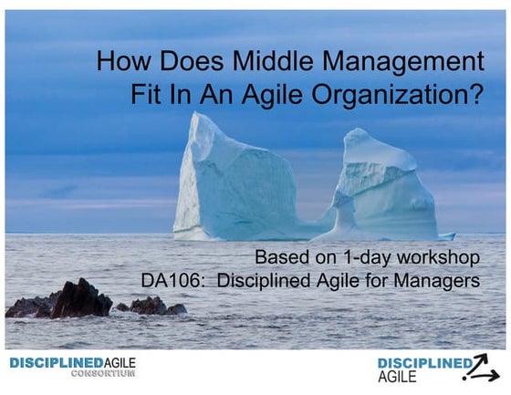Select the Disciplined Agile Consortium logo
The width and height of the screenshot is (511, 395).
coord(72,368)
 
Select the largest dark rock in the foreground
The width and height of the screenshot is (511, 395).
coord(80,298)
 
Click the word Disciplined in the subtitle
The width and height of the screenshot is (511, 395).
coord(266,281)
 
